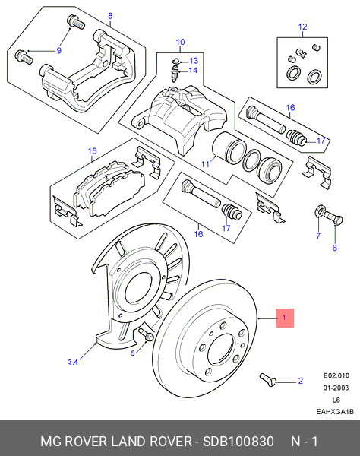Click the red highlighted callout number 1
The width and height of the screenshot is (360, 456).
283,318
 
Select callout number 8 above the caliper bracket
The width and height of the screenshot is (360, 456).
109,16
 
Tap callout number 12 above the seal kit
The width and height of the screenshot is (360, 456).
302,27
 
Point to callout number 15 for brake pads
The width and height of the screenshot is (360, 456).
93,151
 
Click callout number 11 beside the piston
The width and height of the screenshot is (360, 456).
206,163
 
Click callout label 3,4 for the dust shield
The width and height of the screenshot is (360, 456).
73,362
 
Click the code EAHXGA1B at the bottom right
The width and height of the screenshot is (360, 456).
336,412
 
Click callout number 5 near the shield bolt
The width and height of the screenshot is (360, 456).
132,353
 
